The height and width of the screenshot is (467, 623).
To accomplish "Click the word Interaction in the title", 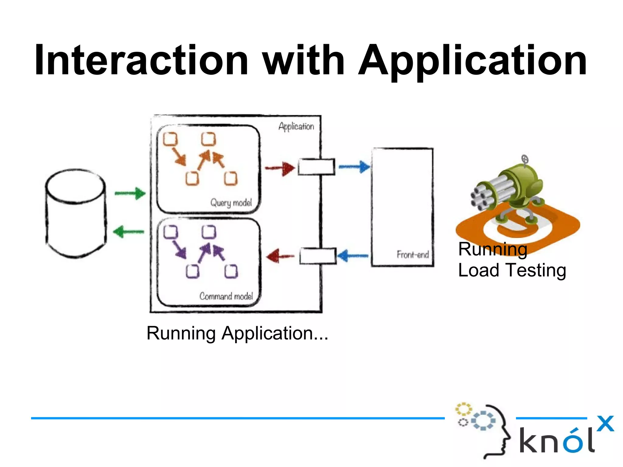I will (141, 60).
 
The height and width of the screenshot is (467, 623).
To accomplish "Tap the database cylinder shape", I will (76, 213).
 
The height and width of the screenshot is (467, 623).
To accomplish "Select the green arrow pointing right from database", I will (130, 193).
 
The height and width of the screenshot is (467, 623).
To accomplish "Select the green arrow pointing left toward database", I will (129, 232).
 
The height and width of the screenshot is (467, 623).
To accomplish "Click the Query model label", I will (231, 203).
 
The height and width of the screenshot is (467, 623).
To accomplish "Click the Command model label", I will (226, 296).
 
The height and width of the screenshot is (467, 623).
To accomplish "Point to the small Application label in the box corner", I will (296, 126).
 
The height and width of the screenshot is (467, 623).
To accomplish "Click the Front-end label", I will (412, 254).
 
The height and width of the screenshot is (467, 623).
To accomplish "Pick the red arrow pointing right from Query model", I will (280, 168).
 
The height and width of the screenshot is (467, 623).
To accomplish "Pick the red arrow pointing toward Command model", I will (280, 256).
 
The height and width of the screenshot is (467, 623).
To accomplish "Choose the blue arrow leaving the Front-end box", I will (353, 256).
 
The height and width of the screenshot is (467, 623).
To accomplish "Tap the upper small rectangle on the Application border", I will (316, 167).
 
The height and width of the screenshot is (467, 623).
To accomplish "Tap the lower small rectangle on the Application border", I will (318, 256).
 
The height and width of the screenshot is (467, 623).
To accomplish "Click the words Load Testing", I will (512, 270).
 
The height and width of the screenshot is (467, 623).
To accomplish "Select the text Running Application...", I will (237, 333).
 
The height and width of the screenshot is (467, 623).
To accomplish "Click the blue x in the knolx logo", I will (605, 423).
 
